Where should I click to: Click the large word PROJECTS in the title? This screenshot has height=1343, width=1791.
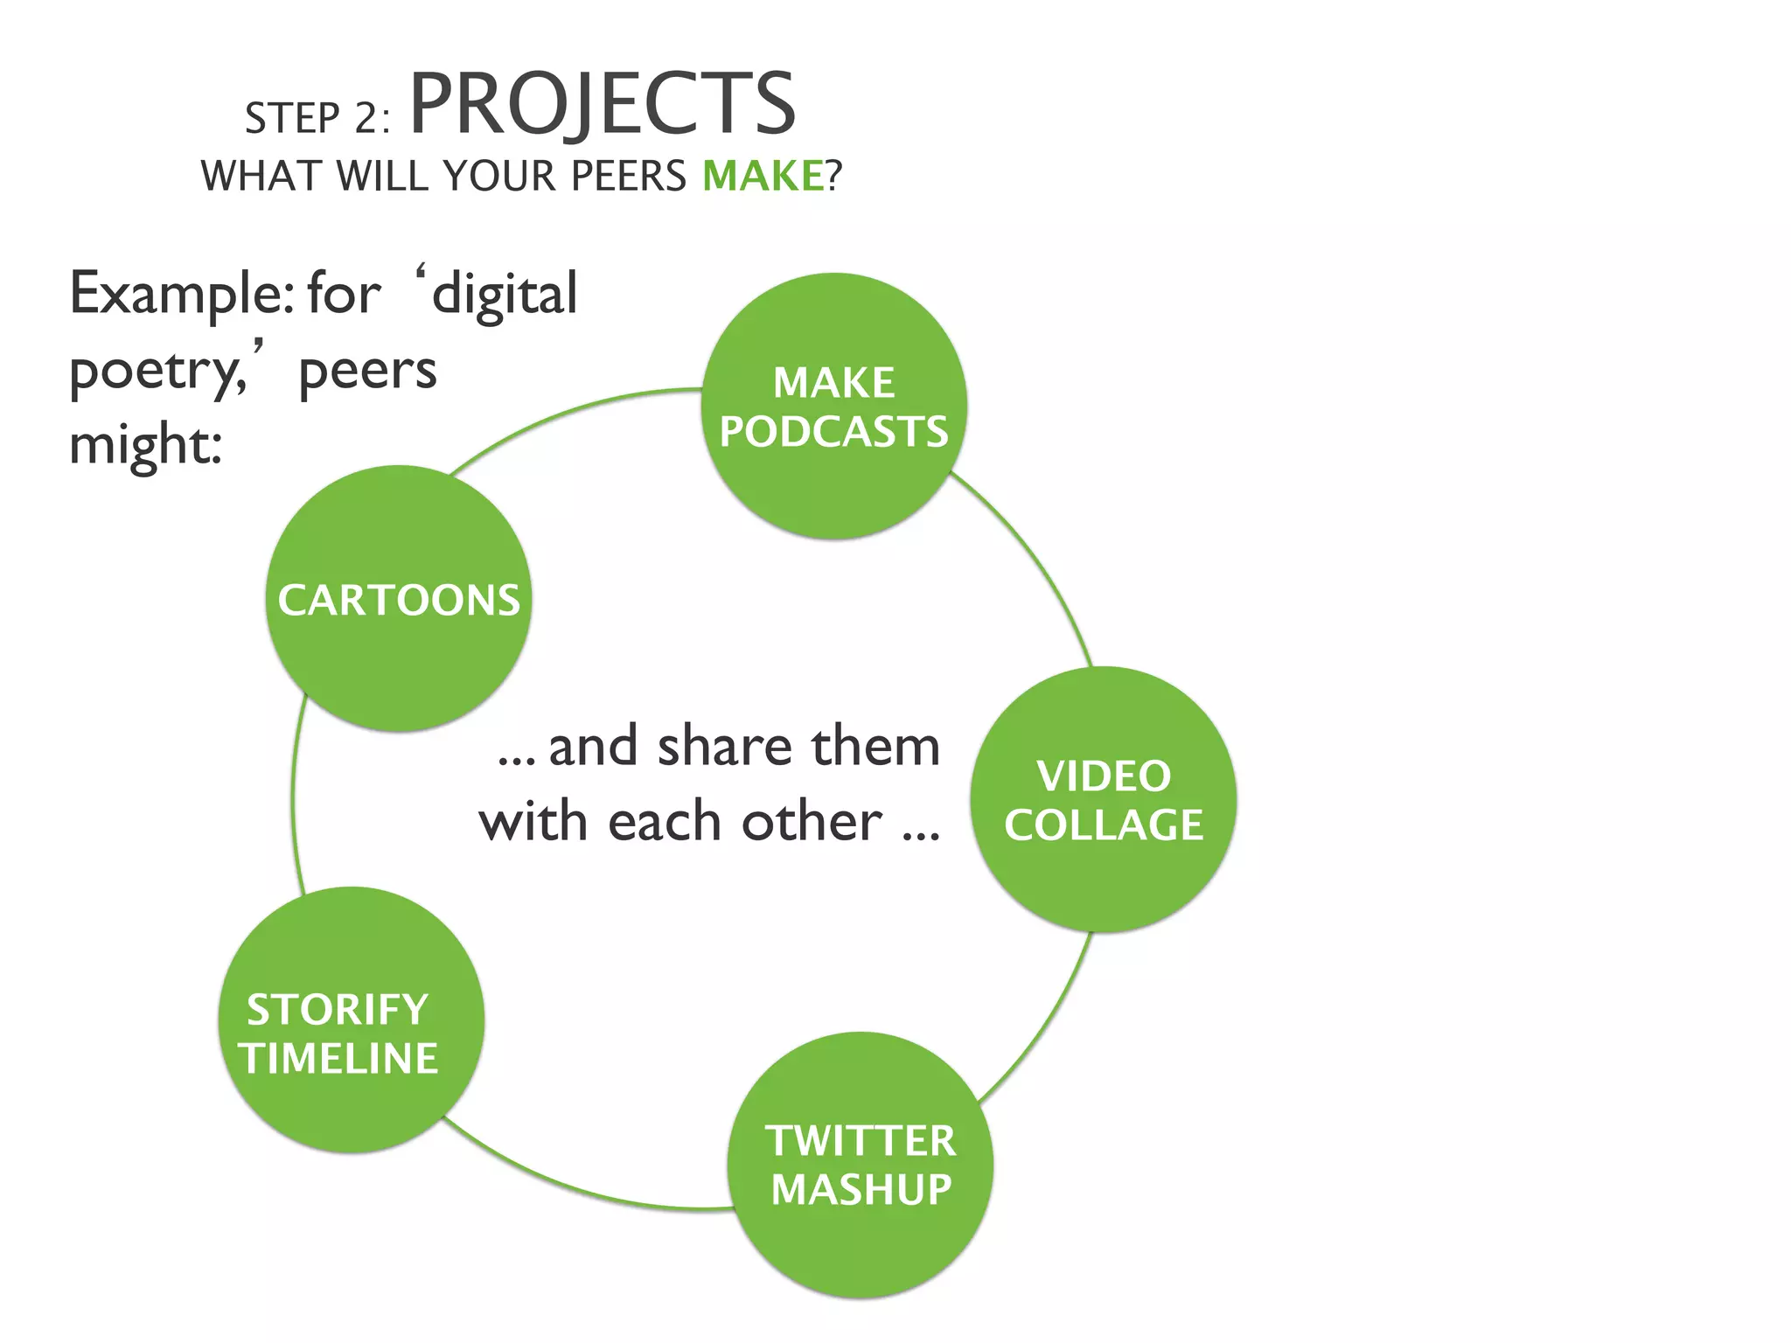click(603, 105)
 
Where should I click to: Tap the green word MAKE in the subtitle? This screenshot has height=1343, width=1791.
click(763, 176)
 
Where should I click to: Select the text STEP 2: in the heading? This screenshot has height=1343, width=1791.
click(317, 119)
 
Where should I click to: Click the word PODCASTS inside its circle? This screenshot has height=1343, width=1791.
click(833, 432)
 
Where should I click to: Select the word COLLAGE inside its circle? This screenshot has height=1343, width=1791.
click(1104, 825)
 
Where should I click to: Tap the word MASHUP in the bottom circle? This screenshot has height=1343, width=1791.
click(861, 1190)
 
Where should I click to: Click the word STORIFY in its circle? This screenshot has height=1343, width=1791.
click(338, 1010)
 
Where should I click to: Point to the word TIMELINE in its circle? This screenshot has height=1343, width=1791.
click(339, 1059)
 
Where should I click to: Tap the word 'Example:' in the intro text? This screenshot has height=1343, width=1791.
click(181, 295)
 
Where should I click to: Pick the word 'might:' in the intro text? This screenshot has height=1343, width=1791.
click(145, 446)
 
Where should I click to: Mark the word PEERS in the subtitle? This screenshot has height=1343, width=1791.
click(628, 176)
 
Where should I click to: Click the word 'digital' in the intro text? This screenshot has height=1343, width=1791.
click(505, 295)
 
